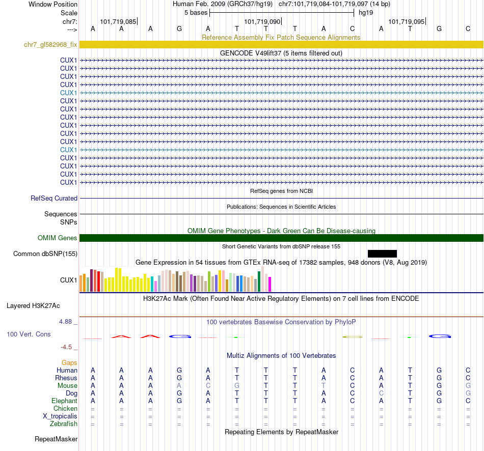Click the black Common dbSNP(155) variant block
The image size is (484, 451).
382,253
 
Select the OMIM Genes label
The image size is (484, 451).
58,238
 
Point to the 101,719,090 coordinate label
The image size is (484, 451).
262,22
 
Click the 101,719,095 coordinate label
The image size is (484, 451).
406,22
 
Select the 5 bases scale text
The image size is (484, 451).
196,12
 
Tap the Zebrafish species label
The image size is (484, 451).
64,424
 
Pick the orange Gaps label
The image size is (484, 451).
69,362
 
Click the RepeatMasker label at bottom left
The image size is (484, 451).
56,439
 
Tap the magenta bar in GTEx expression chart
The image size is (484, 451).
270,284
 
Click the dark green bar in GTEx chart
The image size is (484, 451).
259,281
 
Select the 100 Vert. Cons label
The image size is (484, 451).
29,334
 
